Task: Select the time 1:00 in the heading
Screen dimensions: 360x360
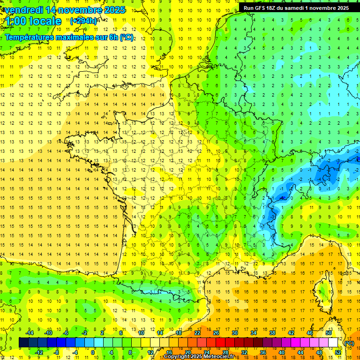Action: click(16, 21)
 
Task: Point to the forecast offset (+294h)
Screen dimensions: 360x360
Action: click(83, 21)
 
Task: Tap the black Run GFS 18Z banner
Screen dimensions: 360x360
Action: click(296, 8)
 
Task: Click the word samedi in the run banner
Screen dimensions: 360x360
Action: click(295, 8)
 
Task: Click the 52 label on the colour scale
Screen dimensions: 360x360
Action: click(338, 352)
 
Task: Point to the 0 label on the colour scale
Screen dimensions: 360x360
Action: click(93, 352)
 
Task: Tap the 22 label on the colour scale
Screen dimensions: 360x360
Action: click(197, 333)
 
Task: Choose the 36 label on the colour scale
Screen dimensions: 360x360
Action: click(262, 352)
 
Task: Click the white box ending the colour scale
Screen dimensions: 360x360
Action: click(333, 343)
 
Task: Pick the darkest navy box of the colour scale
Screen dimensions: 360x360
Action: click(23, 343)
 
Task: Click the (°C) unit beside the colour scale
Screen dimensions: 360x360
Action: click(349, 343)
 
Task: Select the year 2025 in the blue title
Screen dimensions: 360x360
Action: click(113, 10)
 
